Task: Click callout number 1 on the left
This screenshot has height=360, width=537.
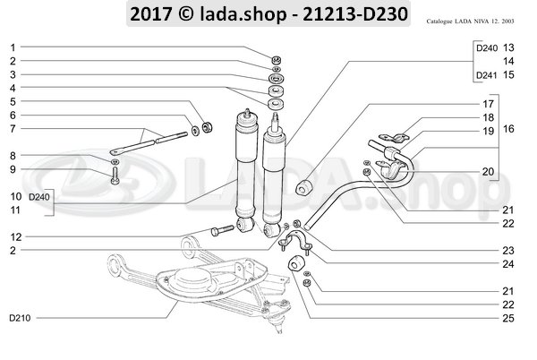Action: coord(13,47)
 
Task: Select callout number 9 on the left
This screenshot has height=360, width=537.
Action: coord(13,169)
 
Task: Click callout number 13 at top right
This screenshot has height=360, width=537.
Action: coord(508,47)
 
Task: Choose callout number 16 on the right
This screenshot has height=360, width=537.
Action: coord(508,130)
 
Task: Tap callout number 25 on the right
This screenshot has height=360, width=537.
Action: coord(484,318)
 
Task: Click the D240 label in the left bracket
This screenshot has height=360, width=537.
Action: coord(40,195)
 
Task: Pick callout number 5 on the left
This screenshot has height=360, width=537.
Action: coord(13,101)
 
